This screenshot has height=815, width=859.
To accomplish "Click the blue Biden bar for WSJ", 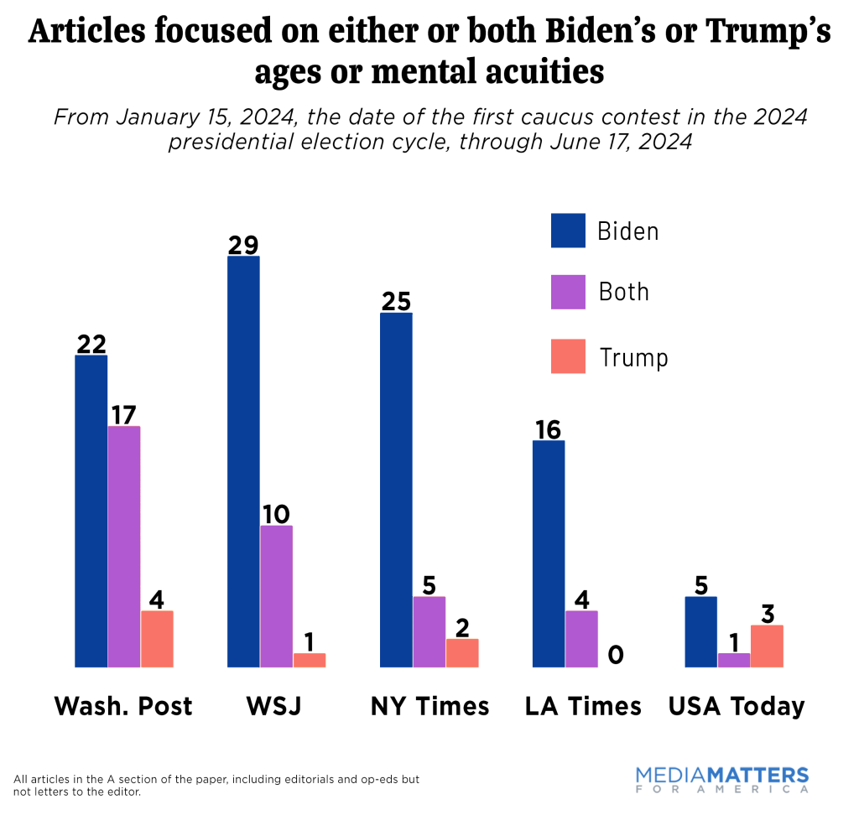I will coord(243,461).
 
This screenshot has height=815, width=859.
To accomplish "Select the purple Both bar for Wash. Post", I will coord(124,546).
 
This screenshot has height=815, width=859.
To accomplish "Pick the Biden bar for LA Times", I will coord(549,553).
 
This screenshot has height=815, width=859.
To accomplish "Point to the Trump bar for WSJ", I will coord(310,660).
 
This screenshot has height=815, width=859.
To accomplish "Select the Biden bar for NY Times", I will coord(396,490).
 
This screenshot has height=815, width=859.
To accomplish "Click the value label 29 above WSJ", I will coord(243,245).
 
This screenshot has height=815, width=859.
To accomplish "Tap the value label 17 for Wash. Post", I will coord(124,414).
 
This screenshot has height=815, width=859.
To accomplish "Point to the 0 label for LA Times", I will coord(615,655).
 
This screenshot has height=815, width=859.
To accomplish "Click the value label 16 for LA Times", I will coord(549,428).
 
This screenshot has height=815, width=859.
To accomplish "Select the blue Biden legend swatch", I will coord(568,231).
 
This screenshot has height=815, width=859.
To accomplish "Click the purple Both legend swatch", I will coord(568,292).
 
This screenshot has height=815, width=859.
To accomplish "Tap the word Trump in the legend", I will coord(633,358).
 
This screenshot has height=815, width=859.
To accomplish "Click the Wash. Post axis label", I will coord(123,706).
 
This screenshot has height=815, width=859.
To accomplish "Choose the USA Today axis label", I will coord(737,706).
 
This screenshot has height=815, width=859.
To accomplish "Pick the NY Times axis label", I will coord(429,706).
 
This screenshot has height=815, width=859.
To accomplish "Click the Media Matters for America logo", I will coord(721,779).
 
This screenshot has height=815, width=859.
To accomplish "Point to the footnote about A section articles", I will coord(216,785).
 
